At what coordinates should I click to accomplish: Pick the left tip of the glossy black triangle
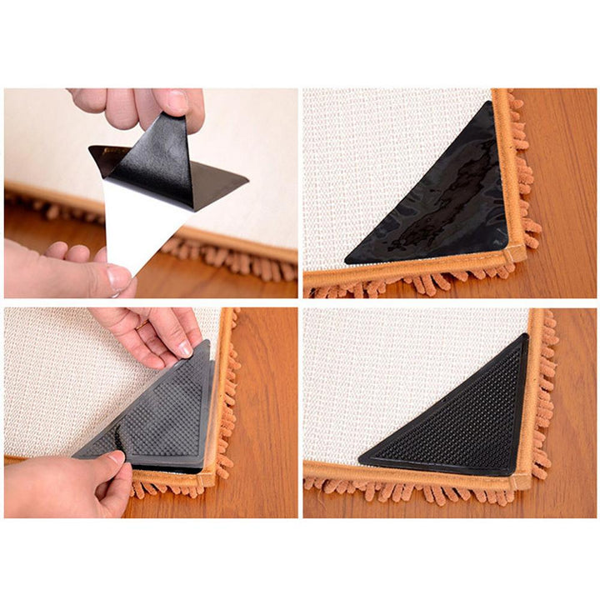tap(347, 261)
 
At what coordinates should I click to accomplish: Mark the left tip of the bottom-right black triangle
tap(361, 460)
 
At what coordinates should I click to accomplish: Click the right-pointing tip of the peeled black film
tap(247, 179)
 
